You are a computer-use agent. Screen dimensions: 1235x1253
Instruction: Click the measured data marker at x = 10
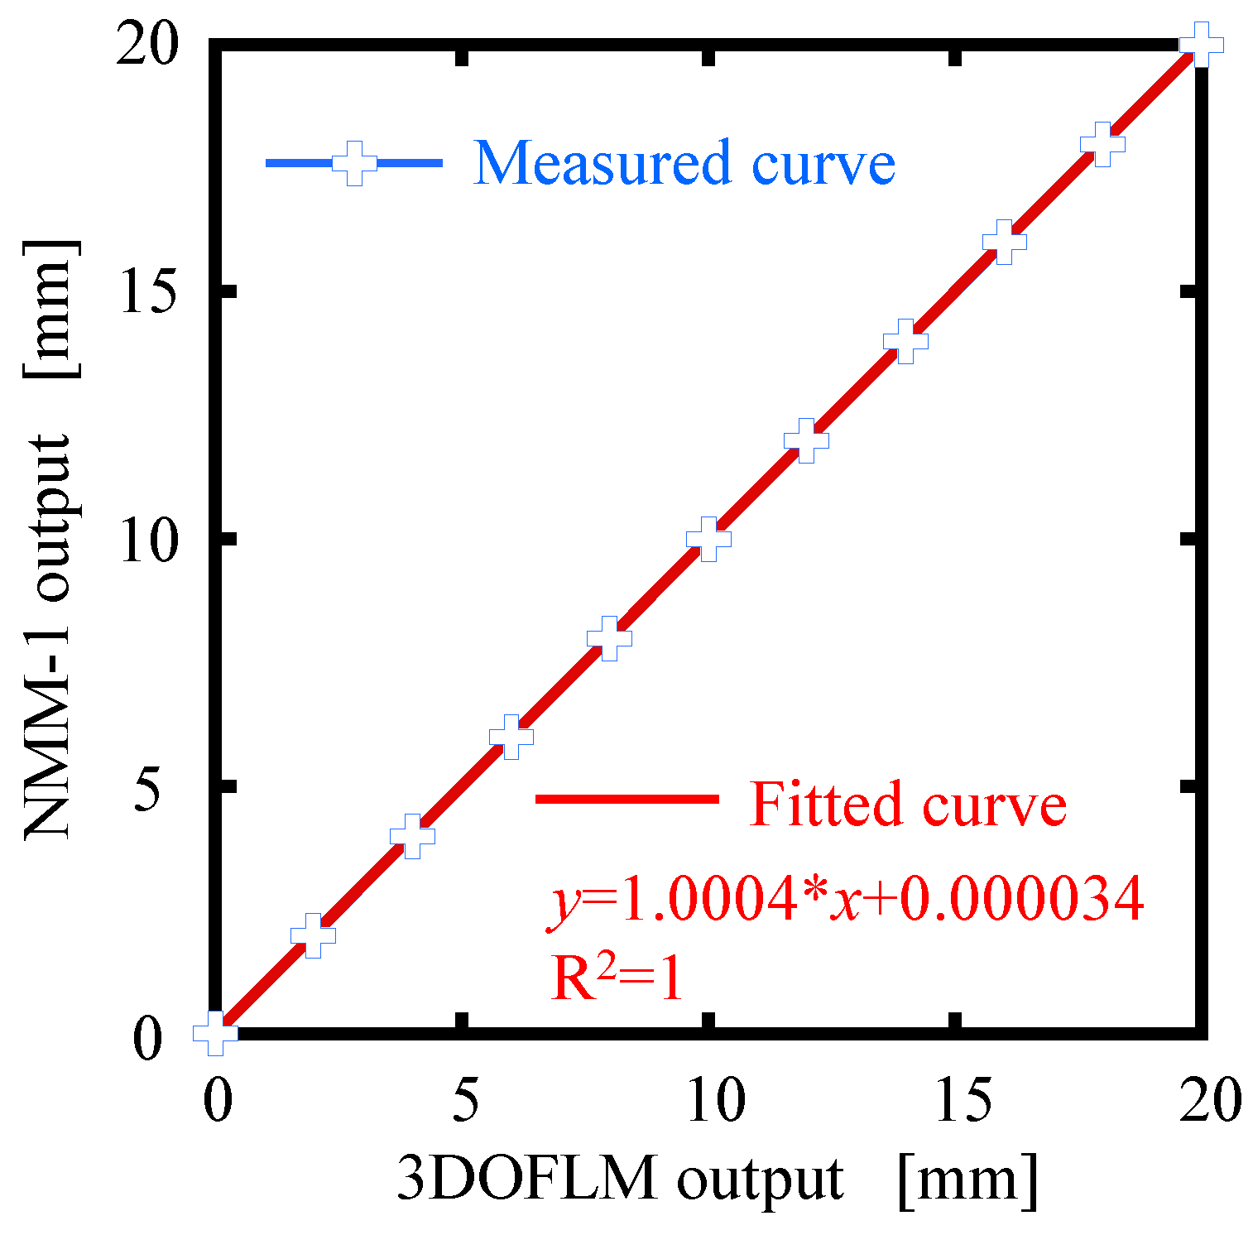pos(708,539)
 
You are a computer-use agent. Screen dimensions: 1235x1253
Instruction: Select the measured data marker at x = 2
pos(313,935)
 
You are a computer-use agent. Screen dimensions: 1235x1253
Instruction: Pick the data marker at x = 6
pos(511,737)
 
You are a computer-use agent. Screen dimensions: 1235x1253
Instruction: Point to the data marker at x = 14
pos(905,341)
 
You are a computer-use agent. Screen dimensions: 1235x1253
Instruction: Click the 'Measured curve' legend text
pos(684,163)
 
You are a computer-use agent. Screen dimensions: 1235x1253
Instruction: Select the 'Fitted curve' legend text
pos(907,804)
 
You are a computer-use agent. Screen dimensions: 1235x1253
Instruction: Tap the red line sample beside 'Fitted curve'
pos(627,799)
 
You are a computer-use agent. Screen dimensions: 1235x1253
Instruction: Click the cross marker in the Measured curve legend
pos(354,163)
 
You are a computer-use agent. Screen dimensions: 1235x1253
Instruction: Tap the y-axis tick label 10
pos(148,542)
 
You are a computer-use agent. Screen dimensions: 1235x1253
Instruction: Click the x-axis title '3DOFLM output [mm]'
pos(717,1178)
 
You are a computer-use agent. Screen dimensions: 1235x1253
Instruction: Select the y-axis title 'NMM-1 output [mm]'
pos(51,540)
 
